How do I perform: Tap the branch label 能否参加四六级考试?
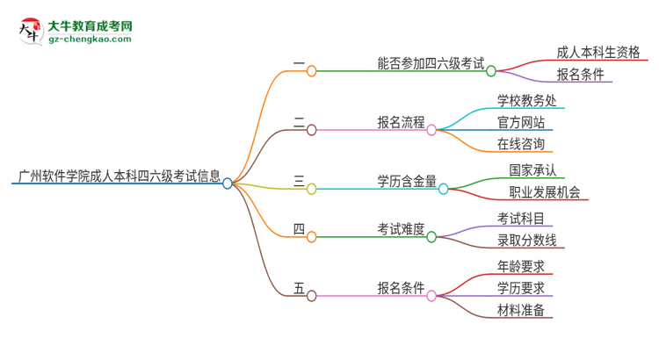click(430, 63)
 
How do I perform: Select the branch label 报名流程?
click(401, 122)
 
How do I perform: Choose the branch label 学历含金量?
click(407, 181)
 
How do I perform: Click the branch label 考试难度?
click(401, 229)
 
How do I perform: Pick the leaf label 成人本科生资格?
click(602, 52)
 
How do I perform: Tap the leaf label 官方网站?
click(520, 122)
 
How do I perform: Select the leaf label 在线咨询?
click(520, 144)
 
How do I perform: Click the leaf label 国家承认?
click(532, 170)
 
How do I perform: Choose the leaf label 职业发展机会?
click(544, 192)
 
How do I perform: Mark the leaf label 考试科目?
click(520, 219)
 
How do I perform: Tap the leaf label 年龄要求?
click(520, 266)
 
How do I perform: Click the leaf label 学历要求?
click(520, 288)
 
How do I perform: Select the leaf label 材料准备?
click(520, 310)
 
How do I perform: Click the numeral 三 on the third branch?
click(299, 181)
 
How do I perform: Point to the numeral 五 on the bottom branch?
click(299, 288)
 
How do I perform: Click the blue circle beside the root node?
click(228, 184)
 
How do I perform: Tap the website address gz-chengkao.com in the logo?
click(90, 40)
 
